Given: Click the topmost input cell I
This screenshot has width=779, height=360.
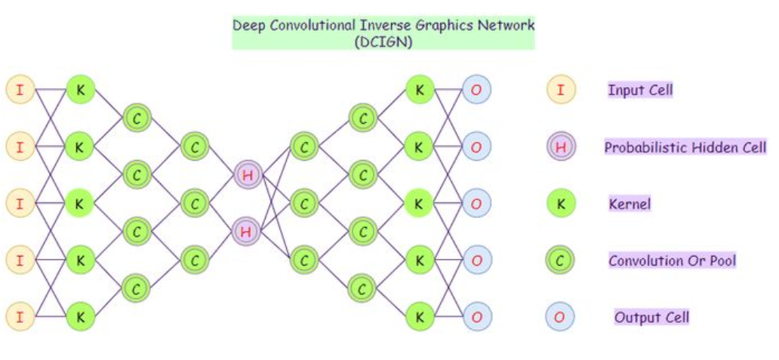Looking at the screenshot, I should (x=20, y=90).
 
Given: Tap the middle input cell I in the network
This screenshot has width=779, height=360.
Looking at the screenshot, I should (x=20, y=203).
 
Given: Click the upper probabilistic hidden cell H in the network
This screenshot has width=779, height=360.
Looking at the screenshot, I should (x=247, y=175).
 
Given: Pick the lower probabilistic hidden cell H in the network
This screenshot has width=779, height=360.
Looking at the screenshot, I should (x=247, y=231).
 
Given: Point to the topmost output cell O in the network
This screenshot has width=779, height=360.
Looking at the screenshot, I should (x=476, y=90).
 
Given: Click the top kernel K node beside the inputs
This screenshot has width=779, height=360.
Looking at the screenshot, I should (x=80, y=90).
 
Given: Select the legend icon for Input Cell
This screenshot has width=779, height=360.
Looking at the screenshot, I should (x=560, y=91).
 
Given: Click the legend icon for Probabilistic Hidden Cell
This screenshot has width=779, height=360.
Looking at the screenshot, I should (x=560, y=146).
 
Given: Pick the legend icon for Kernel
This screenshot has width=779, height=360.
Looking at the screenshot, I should (x=560, y=203).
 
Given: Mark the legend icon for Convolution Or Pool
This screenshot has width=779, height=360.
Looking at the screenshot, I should (x=560, y=260).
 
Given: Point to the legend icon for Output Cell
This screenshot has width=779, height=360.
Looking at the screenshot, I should (x=560, y=317).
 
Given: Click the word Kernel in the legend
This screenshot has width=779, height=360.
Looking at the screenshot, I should (x=630, y=204).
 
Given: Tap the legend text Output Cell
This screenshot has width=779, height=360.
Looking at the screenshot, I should (x=651, y=317).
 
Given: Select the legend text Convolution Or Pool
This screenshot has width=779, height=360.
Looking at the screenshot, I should (x=672, y=261).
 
